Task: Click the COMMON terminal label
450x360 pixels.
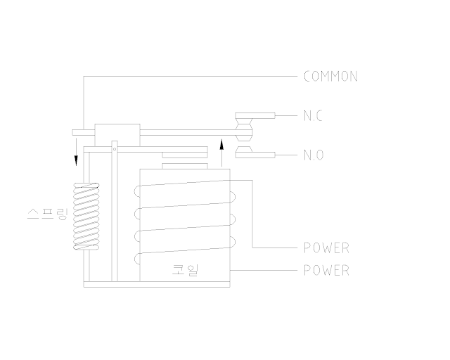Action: coord(330,77)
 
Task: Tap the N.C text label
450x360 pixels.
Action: coord(313,116)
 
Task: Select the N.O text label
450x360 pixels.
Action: coord(314,155)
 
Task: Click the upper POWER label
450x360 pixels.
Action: coord(326,248)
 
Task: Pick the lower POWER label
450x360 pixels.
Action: coord(326,271)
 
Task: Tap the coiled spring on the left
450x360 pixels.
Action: coord(86,218)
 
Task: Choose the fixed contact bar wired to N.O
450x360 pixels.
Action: coord(255,155)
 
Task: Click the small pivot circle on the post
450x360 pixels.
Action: coord(114,148)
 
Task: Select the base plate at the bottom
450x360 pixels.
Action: coord(158,284)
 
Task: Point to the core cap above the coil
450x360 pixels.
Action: coord(185,166)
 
